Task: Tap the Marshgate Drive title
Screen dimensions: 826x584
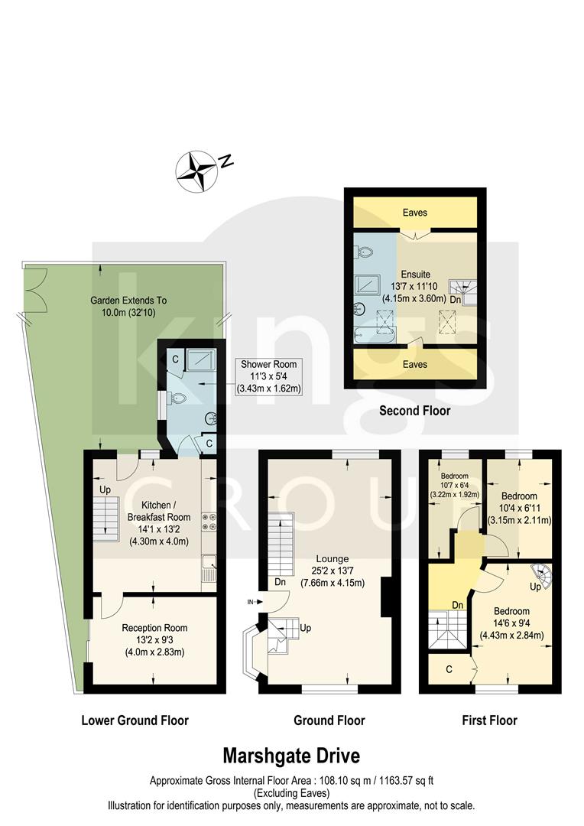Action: click(x=290, y=756)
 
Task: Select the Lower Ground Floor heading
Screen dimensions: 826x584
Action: click(x=135, y=720)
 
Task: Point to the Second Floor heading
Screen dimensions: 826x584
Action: click(x=415, y=411)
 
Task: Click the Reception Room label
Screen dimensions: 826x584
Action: click(x=154, y=639)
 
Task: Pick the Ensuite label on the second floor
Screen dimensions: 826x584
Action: click(x=416, y=285)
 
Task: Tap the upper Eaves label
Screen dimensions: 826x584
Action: click(x=415, y=213)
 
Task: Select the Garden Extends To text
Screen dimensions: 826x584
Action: click(x=134, y=306)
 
